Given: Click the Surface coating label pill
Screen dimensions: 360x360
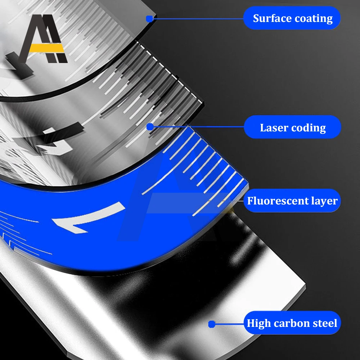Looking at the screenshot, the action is pos(292,18).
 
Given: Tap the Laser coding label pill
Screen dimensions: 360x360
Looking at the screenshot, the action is pos(292,127).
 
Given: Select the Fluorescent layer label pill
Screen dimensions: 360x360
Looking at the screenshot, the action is pos(292,201).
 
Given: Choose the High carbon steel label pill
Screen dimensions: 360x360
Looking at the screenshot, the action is pos(292,323).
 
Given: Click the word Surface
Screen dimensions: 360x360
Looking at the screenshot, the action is pos(270,18).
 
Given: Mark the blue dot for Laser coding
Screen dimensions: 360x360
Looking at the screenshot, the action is pos(150,126).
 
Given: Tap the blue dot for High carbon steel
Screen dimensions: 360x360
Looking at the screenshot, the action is pos(212,324).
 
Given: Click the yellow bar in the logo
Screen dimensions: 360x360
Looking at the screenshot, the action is pos(46,48).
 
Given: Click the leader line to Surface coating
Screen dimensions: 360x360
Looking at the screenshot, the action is pos(198,18).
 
